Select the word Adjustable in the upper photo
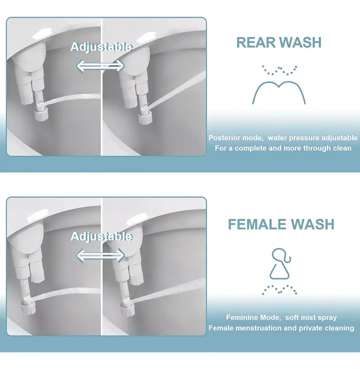[101, 47]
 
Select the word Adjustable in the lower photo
[101, 236]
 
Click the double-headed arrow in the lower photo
[100, 255]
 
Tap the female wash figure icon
[280, 264]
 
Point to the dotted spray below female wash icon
[279, 290]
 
